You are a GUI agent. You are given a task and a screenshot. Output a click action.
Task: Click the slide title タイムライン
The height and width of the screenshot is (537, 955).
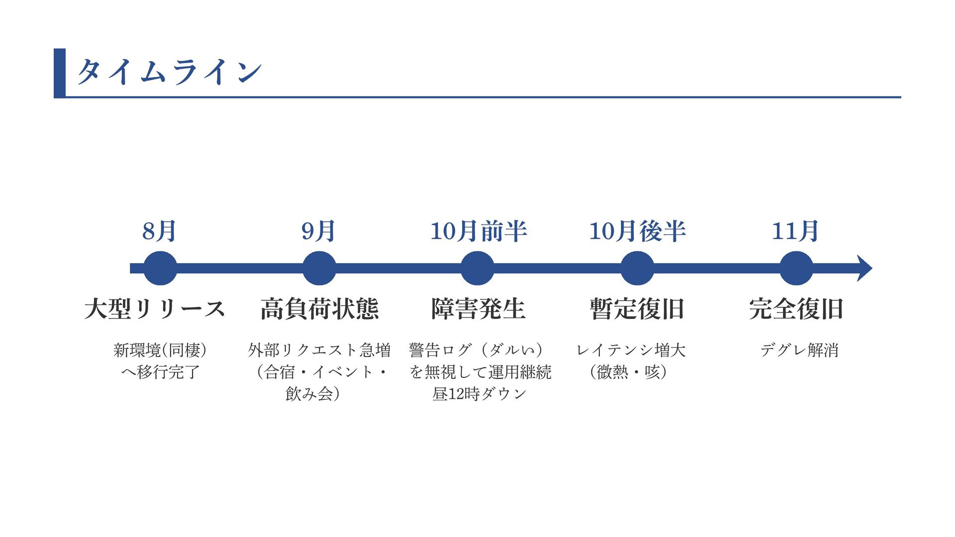click(169, 72)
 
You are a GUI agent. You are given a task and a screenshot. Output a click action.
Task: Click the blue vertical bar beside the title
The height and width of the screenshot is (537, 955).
click(60, 73)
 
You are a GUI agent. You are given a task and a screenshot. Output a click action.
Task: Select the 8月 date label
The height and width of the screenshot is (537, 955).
click(159, 231)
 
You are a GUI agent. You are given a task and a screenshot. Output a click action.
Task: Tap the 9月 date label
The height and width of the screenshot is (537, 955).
click(318, 231)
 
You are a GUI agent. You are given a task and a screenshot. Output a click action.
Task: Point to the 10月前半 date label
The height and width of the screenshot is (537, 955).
click(478, 231)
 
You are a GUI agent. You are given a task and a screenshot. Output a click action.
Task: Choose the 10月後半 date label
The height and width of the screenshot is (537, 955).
click(637, 231)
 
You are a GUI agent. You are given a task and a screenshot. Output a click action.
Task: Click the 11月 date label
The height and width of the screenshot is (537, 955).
click(795, 231)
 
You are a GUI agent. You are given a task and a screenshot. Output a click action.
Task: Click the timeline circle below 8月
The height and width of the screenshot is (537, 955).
click(160, 268)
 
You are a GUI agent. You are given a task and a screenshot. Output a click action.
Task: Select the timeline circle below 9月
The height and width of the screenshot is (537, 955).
click(319, 268)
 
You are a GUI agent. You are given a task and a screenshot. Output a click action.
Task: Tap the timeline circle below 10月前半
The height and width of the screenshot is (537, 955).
click(477, 268)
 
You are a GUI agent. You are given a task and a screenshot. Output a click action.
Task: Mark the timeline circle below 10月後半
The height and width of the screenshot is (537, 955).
click(637, 268)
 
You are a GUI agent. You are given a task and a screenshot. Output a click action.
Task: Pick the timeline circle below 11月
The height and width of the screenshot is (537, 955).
click(796, 268)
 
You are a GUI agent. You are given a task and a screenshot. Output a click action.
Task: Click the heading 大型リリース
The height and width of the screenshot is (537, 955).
click(155, 309)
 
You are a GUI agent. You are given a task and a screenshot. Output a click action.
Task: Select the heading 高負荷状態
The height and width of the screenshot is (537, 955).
click(319, 309)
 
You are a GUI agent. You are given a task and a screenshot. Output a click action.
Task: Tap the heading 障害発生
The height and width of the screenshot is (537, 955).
click(478, 309)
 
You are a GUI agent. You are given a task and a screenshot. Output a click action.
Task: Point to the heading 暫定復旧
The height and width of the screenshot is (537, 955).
click(637, 309)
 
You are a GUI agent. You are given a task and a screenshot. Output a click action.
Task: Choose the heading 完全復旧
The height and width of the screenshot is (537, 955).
click(796, 309)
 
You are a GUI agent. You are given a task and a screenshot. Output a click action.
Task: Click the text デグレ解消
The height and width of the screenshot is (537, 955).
click(799, 350)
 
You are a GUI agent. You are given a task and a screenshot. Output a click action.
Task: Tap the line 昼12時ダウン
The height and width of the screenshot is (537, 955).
click(479, 394)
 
